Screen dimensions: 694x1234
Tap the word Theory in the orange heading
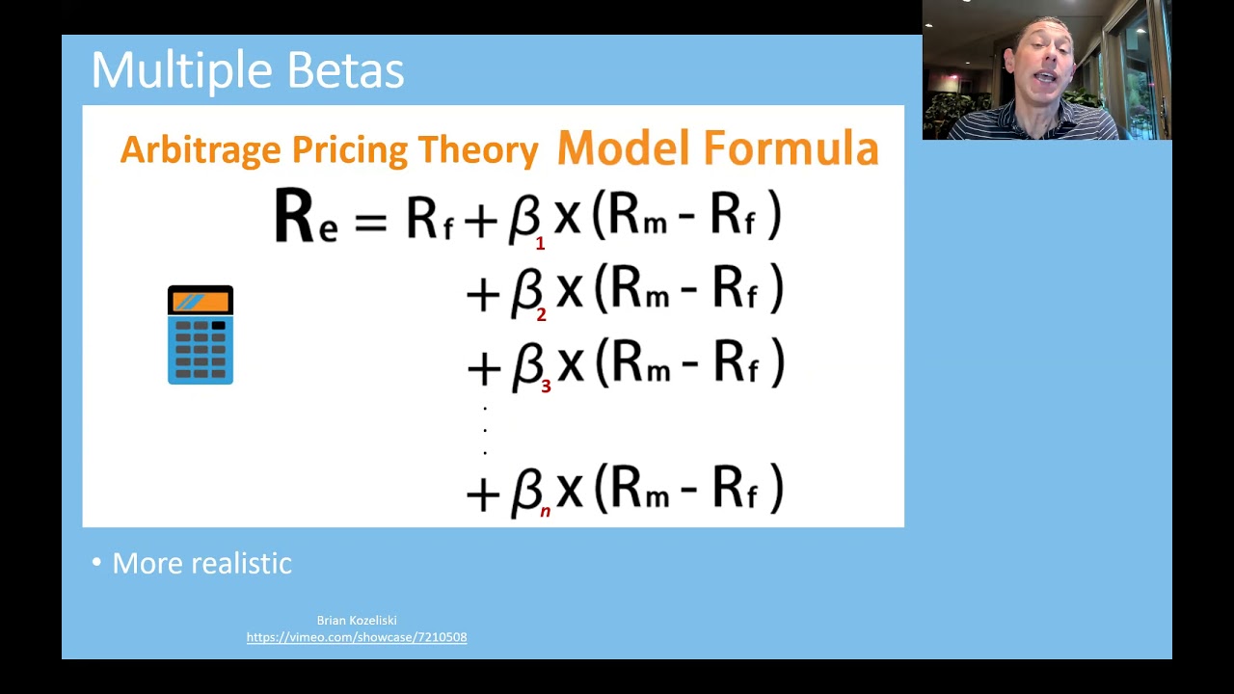click(x=477, y=150)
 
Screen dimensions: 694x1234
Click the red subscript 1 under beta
click(x=540, y=244)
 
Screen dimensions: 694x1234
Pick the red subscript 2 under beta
click(x=541, y=314)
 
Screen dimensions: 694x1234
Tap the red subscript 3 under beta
click(x=546, y=387)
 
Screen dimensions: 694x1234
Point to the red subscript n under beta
click(x=545, y=512)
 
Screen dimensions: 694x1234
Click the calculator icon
click(x=201, y=335)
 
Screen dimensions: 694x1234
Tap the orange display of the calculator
click(x=201, y=303)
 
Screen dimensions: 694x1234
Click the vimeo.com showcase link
click(x=357, y=637)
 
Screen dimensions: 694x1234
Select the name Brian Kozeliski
click(x=357, y=621)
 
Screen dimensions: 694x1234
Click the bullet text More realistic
click(x=201, y=564)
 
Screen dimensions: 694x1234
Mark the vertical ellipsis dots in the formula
click(x=485, y=430)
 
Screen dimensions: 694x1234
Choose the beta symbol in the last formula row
click(x=526, y=490)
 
